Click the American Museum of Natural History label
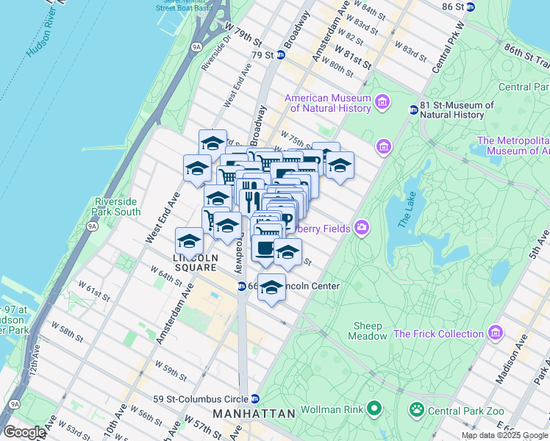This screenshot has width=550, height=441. (x=328, y=104)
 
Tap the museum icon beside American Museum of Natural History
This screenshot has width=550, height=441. (x=382, y=101)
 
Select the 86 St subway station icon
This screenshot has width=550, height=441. (x=471, y=7)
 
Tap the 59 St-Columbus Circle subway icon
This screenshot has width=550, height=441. (x=254, y=398)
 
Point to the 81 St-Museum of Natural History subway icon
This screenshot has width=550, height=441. (x=413, y=110)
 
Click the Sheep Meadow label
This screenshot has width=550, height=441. (x=368, y=331)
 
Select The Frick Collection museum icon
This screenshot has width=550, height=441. (x=496, y=334)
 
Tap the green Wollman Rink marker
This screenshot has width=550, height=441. (x=374, y=407)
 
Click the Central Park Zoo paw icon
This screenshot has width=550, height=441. (x=417, y=407)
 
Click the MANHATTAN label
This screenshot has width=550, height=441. (x=254, y=414)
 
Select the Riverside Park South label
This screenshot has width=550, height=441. (x=117, y=207)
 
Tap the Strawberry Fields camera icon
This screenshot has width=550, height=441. (x=361, y=228)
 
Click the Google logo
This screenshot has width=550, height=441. (x=24, y=432)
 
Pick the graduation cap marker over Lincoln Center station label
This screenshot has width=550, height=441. (x=271, y=287)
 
